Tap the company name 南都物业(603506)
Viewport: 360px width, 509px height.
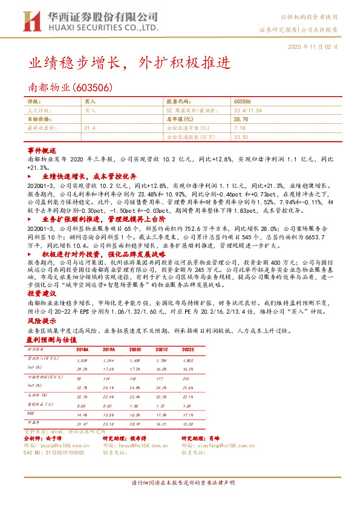point(71,88)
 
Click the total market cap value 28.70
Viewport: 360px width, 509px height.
point(241,120)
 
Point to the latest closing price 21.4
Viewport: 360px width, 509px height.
point(90,128)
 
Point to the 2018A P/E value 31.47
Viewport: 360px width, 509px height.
point(82,424)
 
